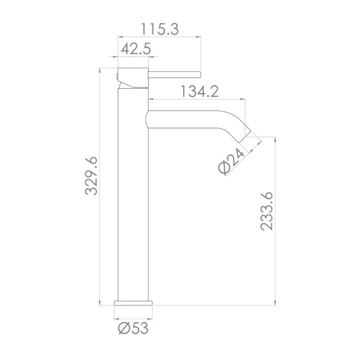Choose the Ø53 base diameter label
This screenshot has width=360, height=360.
[133, 328]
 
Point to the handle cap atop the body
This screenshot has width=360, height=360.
[131, 77]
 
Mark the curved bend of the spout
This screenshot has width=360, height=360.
[237, 120]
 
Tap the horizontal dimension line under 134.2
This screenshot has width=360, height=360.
[198, 100]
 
